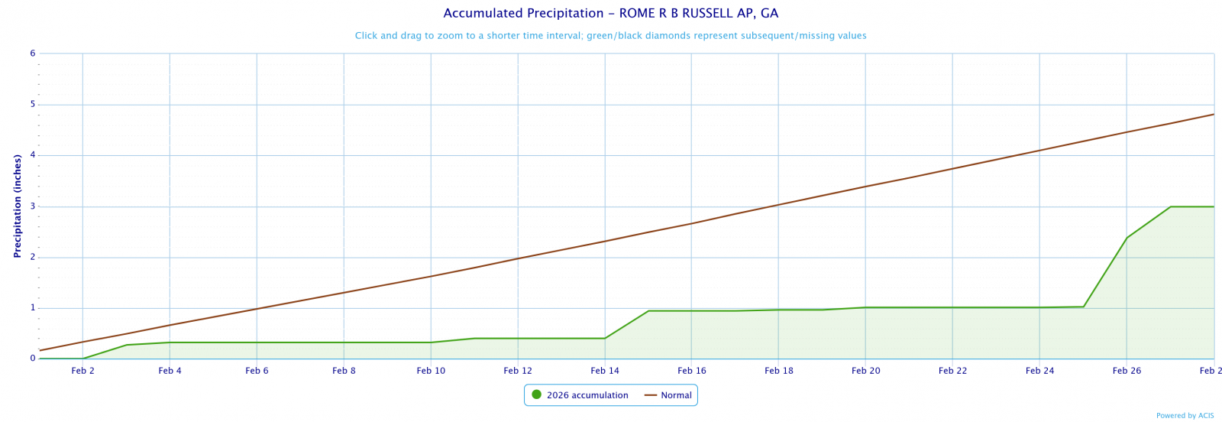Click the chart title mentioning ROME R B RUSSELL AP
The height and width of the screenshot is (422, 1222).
pos(610,14)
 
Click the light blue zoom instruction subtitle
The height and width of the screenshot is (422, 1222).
pos(610,36)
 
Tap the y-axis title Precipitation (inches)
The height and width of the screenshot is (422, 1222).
pos(18,206)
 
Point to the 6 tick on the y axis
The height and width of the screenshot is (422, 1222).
pos(33,54)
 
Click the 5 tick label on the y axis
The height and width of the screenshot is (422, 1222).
pos(33,105)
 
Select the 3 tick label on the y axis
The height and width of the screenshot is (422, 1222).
pos(33,206)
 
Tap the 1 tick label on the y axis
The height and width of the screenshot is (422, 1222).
pos(33,308)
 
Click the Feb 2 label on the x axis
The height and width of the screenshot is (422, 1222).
pos(82,371)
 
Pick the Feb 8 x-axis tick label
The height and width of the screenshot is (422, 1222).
pos(344,371)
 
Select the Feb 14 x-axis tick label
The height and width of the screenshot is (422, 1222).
pos(605,371)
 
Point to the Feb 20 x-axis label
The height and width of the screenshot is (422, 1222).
pos(865,371)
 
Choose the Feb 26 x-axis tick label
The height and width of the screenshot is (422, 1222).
pos(1127,371)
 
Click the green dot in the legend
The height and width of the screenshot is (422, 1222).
pos(536,395)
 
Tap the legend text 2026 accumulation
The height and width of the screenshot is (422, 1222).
pos(587,395)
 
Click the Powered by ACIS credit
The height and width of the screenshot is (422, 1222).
pos(1185,416)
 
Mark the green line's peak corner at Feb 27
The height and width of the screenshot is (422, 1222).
pos(1170,206)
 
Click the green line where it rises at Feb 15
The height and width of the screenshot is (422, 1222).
pos(648,311)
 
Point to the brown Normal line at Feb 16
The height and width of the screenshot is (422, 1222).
pos(692,223)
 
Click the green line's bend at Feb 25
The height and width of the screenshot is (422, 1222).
pos(1083,307)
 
